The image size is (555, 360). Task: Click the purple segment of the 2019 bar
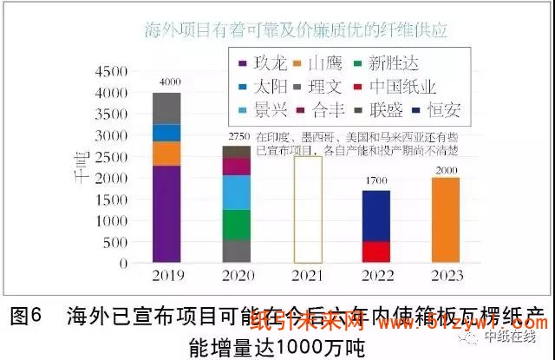click(x=166, y=213)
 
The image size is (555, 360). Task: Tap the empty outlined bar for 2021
click(x=309, y=209)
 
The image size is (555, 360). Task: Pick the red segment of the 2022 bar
click(x=375, y=251)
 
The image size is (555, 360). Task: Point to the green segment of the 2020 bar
click(x=236, y=224)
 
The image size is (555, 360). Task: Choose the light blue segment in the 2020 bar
click(x=236, y=192)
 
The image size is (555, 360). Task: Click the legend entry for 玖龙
click(x=259, y=62)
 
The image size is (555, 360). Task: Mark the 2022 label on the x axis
click(x=375, y=277)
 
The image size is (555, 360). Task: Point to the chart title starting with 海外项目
click(x=296, y=30)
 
